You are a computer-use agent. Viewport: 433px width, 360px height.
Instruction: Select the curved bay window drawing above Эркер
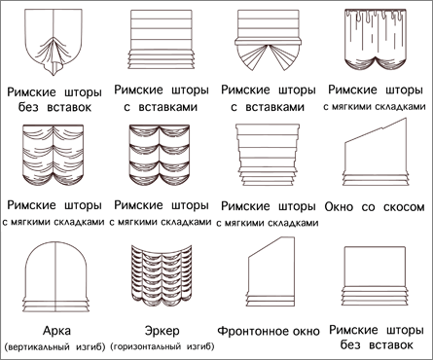162,273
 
